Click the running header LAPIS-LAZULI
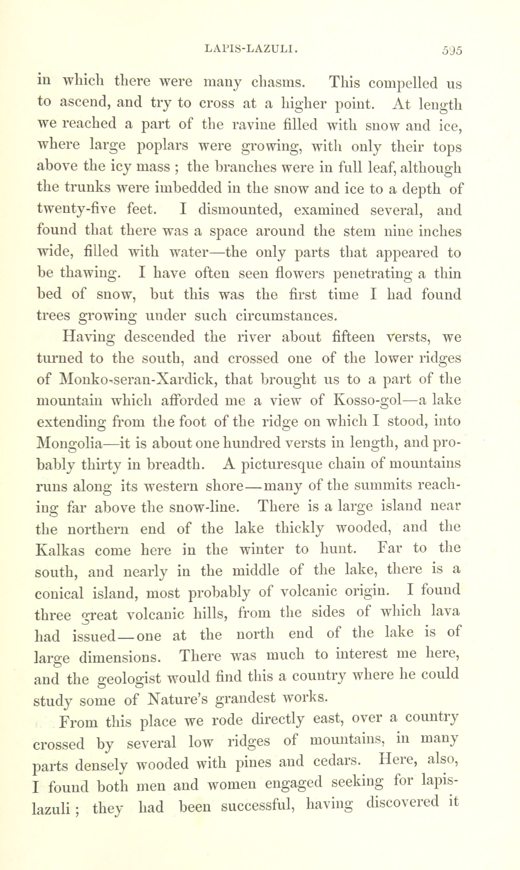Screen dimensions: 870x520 tap(251, 49)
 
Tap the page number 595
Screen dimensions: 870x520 tap(452, 50)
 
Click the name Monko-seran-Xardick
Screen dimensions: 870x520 tap(138, 379)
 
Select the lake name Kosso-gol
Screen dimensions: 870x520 tap(367, 400)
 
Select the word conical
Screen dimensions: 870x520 tap(59, 593)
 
